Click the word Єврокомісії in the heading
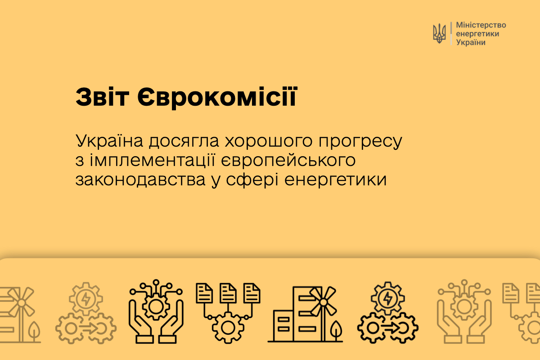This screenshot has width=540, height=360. [x=217, y=97]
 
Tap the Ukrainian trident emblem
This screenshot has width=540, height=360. [x=439, y=33]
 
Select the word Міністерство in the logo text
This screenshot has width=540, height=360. [x=481, y=25]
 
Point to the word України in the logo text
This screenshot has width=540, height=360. [x=471, y=42]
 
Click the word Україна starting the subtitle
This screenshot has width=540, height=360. [x=109, y=140]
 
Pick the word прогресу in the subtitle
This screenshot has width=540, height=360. [x=360, y=142]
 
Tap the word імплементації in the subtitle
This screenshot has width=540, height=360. [x=153, y=160]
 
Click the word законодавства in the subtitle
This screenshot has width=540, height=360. [x=140, y=180]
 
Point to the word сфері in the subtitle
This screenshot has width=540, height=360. [x=252, y=180]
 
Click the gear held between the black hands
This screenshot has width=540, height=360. [x=156, y=307]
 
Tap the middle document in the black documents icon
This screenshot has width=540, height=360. [x=228, y=293]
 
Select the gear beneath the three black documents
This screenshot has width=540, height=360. [x=228, y=328]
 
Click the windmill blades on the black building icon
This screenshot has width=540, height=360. [x=323, y=302]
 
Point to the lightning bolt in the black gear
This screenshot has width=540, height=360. [x=387, y=298]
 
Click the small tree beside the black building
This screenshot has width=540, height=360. [x=336, y=330]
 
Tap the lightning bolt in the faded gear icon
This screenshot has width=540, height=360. [x=86, y=299]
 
